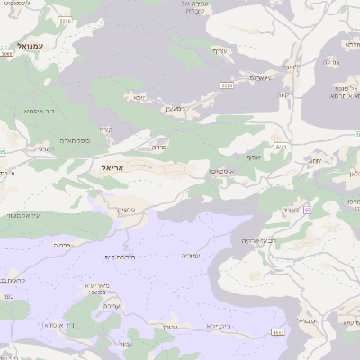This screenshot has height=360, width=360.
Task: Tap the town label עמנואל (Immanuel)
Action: pyautogui.click(x=35, y=45)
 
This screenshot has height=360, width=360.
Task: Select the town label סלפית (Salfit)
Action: pyautogui.click(x=126, y=209)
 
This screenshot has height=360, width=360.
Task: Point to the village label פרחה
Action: pyautogui.click(x=62, y=245)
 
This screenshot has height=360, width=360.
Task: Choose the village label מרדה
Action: pyautogui.click(x=159, y=146)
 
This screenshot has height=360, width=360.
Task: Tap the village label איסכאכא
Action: pyautogui.click(x=222, y=170)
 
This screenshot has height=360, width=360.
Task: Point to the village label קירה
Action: pyautogui.click(x=107, y=129)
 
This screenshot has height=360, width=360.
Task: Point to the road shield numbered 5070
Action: pyautogui.click(x=227, y=84)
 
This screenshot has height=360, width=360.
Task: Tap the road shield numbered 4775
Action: pyautogui.click(x=281, y=146)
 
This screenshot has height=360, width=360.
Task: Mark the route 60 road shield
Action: pyautogui.click(x=306, y=210)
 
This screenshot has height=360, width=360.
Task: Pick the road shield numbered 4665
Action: pyautogui.click(x=278, y=333)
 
